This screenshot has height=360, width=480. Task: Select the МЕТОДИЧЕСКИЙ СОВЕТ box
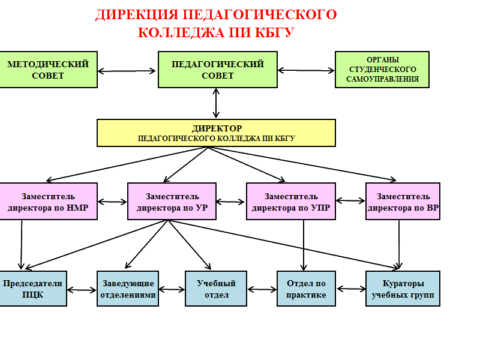[48, 70]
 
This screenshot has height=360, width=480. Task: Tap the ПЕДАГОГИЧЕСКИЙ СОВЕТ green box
[217, 70]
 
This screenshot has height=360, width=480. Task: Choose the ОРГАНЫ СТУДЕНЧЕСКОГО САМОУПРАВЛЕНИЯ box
[382, 70]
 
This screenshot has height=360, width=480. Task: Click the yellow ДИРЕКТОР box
[217, 133]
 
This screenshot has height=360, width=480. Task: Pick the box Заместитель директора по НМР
[48, 202]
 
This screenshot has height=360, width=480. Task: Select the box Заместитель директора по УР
[172, 202]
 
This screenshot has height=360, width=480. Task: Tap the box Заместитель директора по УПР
[291, 202]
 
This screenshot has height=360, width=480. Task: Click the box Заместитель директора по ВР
[403, 202]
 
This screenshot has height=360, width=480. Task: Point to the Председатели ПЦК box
[32, 289]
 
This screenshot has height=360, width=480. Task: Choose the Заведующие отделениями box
[128, 289]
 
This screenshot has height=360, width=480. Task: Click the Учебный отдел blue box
[216, 289]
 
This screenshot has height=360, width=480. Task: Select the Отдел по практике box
[306, 289]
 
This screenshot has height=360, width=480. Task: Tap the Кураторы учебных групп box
[403, 289]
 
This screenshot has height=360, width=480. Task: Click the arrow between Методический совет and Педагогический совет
[127, 71]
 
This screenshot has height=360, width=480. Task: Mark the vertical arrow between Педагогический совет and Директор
[216, 103]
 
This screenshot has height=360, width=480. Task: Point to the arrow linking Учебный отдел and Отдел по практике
[262, 290]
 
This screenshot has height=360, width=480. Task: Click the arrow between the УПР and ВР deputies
[350, 200]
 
